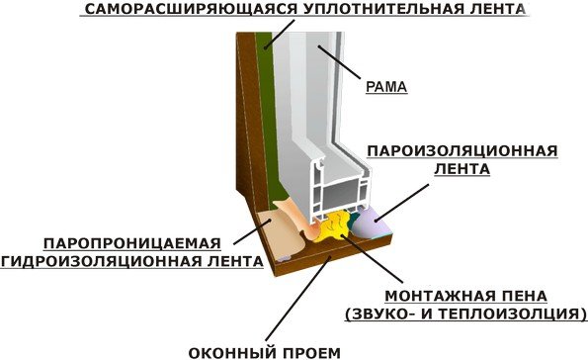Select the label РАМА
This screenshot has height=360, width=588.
(386, 87)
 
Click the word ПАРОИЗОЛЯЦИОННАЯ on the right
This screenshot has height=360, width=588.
(462, 151)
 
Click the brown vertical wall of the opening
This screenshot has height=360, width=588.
(246, 129)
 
